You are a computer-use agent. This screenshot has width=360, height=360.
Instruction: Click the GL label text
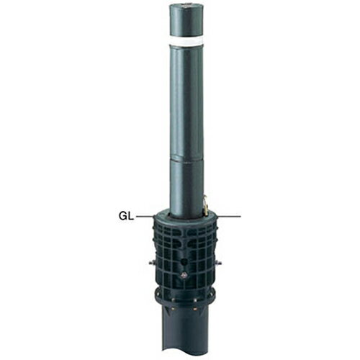[x=126, y=217]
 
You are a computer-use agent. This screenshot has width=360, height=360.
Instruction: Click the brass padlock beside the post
[x=205, y=206]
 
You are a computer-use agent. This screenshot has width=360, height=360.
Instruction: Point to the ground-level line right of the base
[x=229, y=217]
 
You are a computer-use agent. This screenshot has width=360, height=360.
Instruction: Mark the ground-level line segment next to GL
[x=145, y=217]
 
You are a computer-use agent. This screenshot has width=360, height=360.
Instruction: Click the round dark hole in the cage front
[x=184, y=261]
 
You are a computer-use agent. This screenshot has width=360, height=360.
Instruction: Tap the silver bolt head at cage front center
[x=184, y=275]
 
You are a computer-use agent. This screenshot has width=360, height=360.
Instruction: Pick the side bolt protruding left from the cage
[x=152, y=263]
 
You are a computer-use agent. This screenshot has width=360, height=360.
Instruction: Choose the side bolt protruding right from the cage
[x=218, y=263]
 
